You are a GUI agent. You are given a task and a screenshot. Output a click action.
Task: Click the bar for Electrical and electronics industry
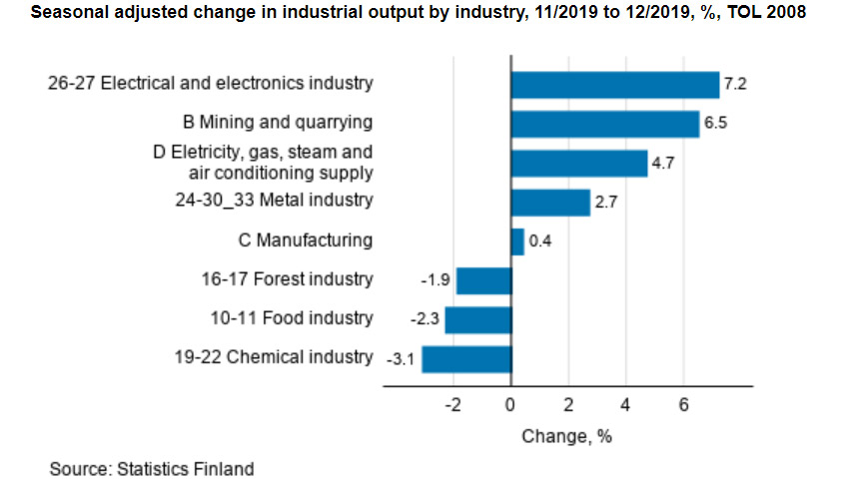pos(614,85)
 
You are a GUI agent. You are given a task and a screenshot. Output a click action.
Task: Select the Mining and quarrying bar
pos(604,124)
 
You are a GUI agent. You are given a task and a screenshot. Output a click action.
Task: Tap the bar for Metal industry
pos(550,203)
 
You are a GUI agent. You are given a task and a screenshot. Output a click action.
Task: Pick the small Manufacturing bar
pos(517,241)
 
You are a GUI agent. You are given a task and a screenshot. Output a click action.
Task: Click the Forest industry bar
pos(483,280)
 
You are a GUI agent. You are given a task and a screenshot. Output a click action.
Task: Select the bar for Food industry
pos(477,319)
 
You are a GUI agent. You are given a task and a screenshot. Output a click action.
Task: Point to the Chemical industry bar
pos(466,358)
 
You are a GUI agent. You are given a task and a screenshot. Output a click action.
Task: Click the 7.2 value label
pos(735,85)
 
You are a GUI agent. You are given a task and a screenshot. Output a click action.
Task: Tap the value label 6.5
pos(715,124)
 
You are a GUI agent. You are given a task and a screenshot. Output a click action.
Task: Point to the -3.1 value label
pos(400,358)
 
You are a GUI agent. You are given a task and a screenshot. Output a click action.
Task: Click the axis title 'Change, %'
pos(566,437)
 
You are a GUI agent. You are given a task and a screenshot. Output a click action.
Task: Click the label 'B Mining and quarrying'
pos(278,123)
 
